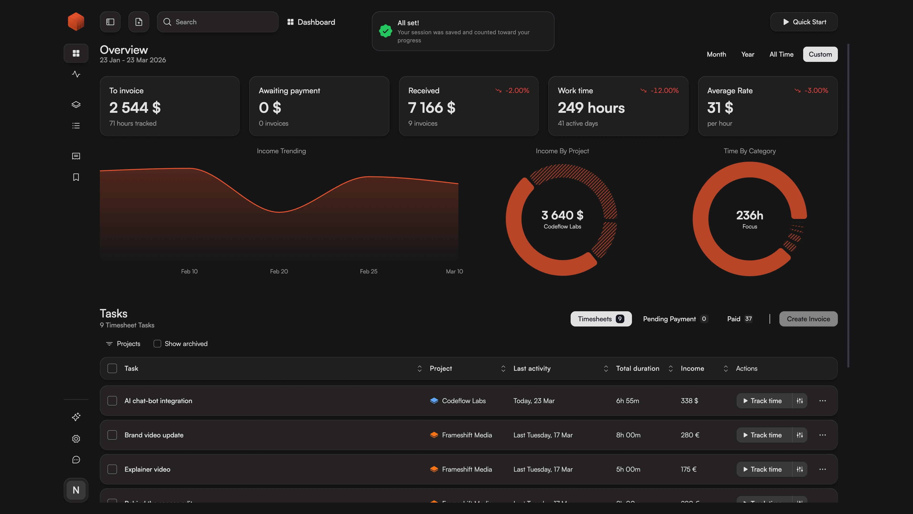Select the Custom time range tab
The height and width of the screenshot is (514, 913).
pyautogui.click(x=820, y=54)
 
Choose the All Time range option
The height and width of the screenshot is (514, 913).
pyautogui.click(x=781, y=54)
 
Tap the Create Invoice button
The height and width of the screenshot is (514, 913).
pyautogui.click(x=808, y=319)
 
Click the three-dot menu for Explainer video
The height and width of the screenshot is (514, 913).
pyautogui.click(x=822, y=469)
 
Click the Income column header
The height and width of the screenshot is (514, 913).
pyautogui.click(x=692, y=369)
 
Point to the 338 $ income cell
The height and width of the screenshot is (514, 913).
pyautogui.click(x=689, y=401)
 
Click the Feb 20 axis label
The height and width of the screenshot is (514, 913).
pyautogui.click(x=279, y=271)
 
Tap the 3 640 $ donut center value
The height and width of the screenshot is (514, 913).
pyautogui.click(x=562, y=215)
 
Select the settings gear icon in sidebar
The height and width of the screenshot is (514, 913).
pyautogui.click(x=76, y=439)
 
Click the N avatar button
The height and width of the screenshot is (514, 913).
pyautogui.click(x=76, y=490)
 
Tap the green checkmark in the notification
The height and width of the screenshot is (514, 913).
pyautogui.click(x=385, y=31)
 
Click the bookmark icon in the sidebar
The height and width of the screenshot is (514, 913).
pyautogui.click(x=76, y=177)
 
